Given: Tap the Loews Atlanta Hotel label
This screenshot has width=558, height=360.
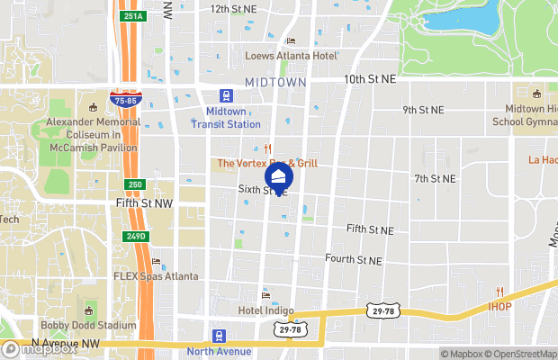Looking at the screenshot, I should coord(292,56).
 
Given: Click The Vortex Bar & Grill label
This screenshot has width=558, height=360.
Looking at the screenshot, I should coord(266,163).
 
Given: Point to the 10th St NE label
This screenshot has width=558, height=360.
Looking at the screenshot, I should coord(371,80).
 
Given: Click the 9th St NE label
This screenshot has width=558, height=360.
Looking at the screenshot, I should coord(423,110).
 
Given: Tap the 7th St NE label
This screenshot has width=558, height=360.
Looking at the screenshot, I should coord(435,179).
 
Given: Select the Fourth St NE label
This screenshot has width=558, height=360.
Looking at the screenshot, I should coord(354,260).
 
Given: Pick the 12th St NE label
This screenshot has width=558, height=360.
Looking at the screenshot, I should coord(233,9).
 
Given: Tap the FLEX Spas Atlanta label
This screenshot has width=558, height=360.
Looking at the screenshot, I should coord(156,276).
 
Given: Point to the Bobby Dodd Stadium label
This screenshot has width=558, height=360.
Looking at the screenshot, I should coord(88,325).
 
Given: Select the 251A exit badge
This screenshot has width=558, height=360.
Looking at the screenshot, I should coord(132,16).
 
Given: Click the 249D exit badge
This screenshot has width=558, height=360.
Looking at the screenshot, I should coord(135,237).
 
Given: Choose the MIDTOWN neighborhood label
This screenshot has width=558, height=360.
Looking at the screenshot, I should coord(275,82).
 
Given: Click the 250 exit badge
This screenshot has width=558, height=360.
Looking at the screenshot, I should coord(134,184).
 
